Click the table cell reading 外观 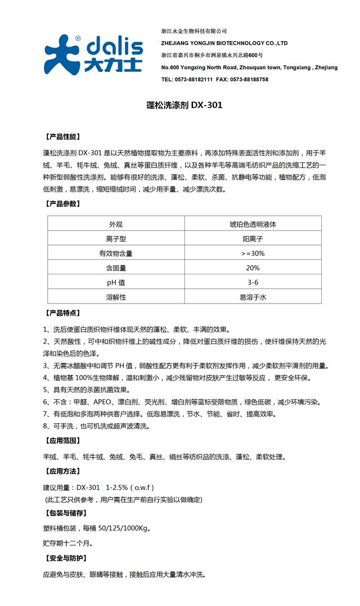click(115, 224)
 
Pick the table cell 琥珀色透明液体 click(253, 224)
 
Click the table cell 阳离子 click(253, 238)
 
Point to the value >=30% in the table click(253, 253)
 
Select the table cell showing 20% click(253, 268)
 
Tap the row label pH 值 click(115, 282)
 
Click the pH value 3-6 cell click(253, 282)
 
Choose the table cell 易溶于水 click(253, 297)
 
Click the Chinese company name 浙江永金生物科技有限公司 click(193, 31)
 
